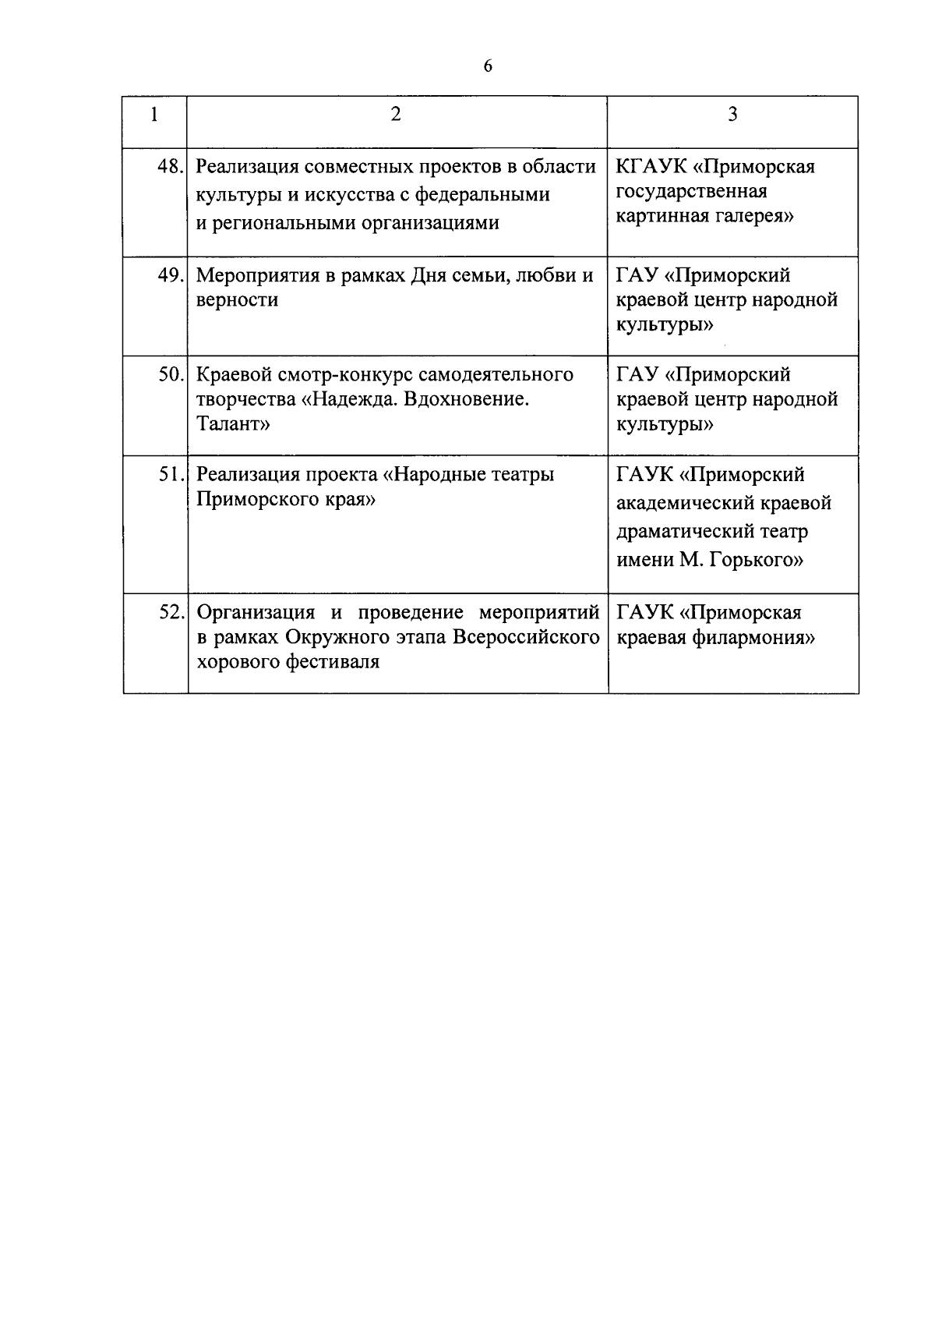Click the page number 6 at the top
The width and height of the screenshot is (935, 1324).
[x=488, y=67]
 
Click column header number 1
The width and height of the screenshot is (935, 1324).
[x=154, y=115]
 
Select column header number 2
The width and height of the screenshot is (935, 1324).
[x=397, y=115]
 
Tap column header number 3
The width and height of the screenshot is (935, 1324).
[x=732, y=115]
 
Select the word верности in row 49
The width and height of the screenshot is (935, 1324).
[x=237, y=300]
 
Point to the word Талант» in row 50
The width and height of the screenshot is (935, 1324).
[x=233, y=425]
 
